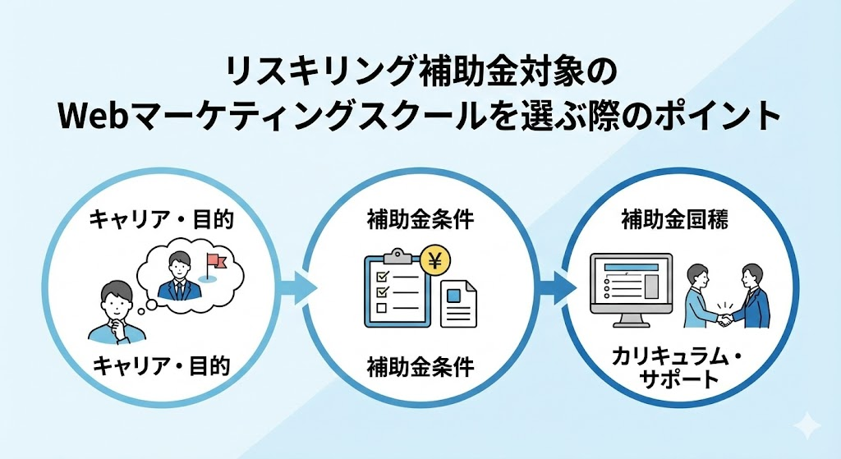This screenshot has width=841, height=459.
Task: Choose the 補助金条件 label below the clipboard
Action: pyautogui.click(x=420, y=366)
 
